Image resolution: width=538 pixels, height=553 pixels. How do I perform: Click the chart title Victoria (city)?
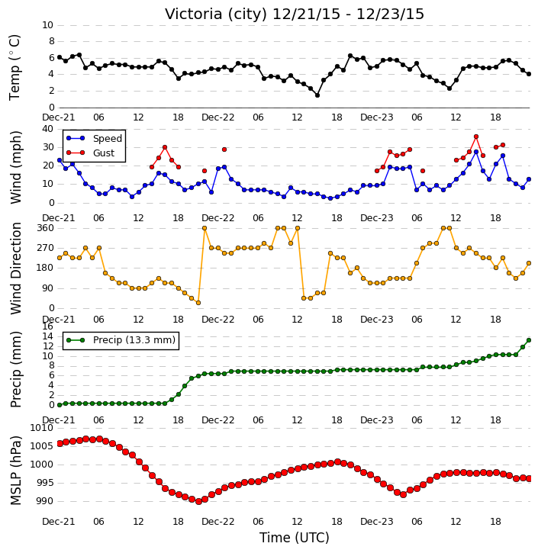click(216, 14)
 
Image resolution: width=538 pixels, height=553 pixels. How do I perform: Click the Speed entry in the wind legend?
click(108, 139)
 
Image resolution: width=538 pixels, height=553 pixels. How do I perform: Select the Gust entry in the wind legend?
click(104, 153)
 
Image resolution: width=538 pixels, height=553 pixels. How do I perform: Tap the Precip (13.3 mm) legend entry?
click(134, 340)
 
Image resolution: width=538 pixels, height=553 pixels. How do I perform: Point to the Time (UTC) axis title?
click(295, 539)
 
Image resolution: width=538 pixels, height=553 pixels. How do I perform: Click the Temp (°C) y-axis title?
click(14, 67)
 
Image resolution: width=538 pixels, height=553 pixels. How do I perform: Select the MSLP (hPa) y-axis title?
click(16, 471)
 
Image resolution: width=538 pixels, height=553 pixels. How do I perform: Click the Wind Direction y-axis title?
click(16, 268)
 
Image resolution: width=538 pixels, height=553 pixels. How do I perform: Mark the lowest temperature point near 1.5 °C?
click(317, 95)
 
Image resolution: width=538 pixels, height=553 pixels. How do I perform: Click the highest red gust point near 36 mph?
click(476, 137)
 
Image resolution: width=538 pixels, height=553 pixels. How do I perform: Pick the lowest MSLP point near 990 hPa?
click(198, 501)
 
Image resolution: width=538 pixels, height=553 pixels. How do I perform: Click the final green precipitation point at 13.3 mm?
click(529, 340)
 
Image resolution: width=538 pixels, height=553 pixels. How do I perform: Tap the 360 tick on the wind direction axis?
click(46, 228)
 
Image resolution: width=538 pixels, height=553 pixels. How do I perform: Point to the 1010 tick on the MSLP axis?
click(42, 428)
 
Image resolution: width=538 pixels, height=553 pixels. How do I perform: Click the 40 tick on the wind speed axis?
click(48, 129)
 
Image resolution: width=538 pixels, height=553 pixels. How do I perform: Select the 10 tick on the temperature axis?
click(48, 25)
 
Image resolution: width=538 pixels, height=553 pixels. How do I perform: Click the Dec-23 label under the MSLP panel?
click(377, 521)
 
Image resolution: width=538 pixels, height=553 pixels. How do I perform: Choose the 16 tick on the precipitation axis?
click(48, 326)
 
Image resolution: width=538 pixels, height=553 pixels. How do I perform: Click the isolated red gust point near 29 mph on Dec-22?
click(224, 150)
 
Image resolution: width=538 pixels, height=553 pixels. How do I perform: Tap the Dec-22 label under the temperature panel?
click(218, 117)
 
